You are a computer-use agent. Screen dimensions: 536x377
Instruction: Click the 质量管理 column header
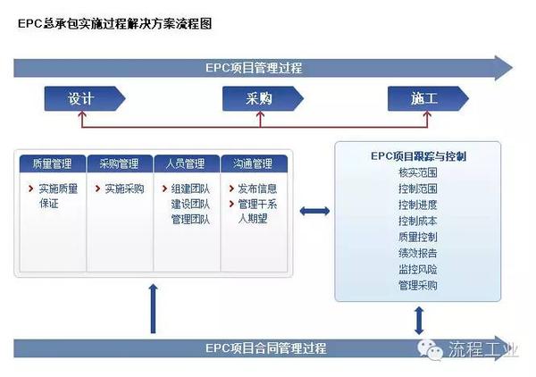[x=53, y=163]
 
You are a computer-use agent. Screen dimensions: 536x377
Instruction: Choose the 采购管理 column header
[x=120, y=163]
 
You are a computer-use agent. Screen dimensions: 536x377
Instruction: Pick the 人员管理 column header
[x=187, y=163]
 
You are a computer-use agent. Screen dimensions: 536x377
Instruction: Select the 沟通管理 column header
[x=254, y=163]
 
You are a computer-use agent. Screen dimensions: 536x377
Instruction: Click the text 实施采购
[x=124, y=188]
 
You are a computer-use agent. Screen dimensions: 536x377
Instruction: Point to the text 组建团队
[x=190, y=188]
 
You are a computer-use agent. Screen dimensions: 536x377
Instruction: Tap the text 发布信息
[x=257, y=188]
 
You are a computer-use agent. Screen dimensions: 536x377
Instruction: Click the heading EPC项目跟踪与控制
[x=418, y=156]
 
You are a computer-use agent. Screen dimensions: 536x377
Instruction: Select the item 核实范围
[x=418, y=172]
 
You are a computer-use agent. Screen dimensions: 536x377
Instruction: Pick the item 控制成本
[x=418, y=221]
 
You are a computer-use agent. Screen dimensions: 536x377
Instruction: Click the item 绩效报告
[x=418, y=253]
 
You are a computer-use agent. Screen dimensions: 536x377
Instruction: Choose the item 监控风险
[x=418, y=269]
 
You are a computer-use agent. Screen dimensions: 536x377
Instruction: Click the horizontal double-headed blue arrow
[x=314, y=211]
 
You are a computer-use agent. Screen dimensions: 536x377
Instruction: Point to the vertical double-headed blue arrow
[x=419, y=320]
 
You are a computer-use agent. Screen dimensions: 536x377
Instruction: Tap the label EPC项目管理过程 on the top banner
[x=254, y=68]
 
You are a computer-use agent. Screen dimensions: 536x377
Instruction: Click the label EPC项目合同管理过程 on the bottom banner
[x=265, y=348]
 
